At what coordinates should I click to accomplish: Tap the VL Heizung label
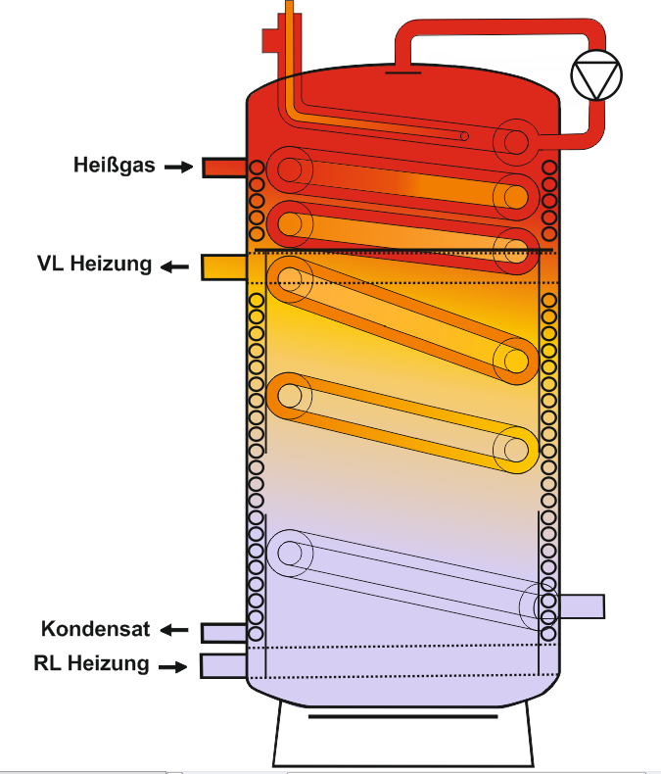point(95,264)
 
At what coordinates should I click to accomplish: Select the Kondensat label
point(96,628)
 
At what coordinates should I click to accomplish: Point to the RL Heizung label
point(92,663)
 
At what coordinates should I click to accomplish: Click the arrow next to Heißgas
point(178,168)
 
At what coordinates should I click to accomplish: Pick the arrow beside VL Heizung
point(176,266)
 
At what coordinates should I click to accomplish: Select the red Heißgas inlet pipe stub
point(223,168)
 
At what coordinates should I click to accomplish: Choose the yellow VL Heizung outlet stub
point(223,266)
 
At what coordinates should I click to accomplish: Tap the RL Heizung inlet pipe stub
point(222,665)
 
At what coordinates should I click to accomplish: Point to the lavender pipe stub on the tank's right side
point(582,606)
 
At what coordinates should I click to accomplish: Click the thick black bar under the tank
point(402,716)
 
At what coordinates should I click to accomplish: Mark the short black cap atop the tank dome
point(402,70)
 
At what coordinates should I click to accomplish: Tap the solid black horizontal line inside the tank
point(402,252)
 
